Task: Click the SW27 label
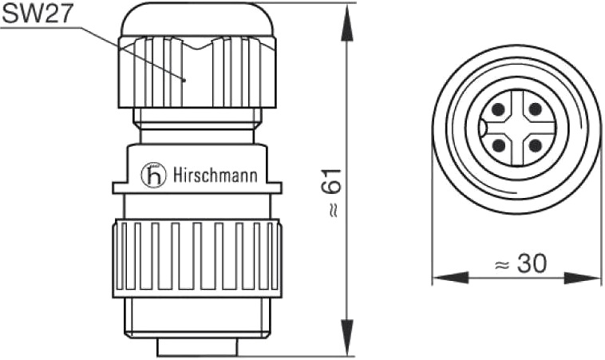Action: click(38, 14)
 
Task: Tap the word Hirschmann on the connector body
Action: click(215, 175)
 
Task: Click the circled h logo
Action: click(153, 175)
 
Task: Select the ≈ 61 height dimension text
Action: click(331, 192)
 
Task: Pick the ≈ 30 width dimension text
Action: click(520, 264)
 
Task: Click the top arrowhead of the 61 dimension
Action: click(348, 22)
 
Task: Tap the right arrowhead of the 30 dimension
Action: click(583, 278)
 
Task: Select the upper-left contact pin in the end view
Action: click(498, 109)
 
